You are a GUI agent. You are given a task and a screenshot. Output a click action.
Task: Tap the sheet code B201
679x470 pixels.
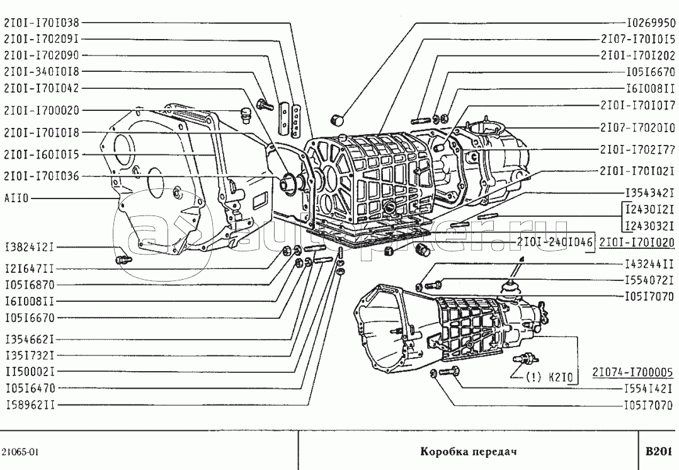pyautogui.click(x=658, y=452)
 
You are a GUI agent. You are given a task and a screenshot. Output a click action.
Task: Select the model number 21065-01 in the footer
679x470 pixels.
pyautogui.click(x=21, y=452)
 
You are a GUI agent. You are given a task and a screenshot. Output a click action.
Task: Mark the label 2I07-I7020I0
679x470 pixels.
pyautogui.click(x=637, y=128)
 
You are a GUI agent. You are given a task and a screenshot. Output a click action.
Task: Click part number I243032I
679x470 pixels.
pyautogui.click(x=651, y=226)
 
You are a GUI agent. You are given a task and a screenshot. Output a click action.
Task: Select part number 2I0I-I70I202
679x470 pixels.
pyautogui.click(x=637, y=55)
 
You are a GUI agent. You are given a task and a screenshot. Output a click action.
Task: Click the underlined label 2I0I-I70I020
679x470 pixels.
pyautogui.click(x=637, y=242)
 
